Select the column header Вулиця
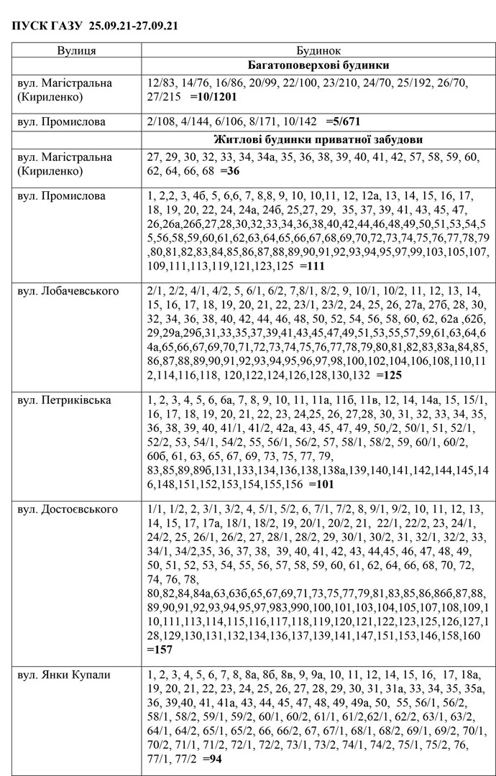[77, 51]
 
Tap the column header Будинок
[317, 51]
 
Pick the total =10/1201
[213, 96]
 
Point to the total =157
[160, 650]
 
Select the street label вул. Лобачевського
[68, 291]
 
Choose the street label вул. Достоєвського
[67, 509]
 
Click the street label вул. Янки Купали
[63, 675]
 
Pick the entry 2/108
[160, 121]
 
